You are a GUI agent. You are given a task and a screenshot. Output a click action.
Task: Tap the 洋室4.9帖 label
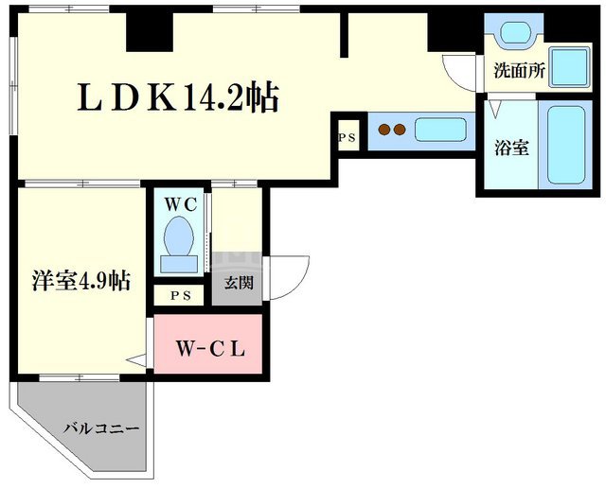[80, 281]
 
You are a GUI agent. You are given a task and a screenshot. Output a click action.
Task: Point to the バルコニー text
[101, 428]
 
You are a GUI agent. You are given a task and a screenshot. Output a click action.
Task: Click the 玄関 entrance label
[238, 282]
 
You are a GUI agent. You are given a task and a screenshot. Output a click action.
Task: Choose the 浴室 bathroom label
[511, 148]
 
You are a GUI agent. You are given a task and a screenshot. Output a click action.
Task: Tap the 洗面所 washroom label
[520, 70]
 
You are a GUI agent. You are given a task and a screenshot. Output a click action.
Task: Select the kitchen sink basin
[436, 130]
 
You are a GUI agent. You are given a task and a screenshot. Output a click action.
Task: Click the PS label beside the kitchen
[346, 138]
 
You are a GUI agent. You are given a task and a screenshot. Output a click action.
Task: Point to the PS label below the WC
[180, 295]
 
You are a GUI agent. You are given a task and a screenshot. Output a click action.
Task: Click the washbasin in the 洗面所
[516, 33]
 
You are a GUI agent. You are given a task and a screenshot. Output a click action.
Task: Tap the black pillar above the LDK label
[151, 31]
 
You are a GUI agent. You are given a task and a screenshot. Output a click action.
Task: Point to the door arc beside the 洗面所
[461, 72]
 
